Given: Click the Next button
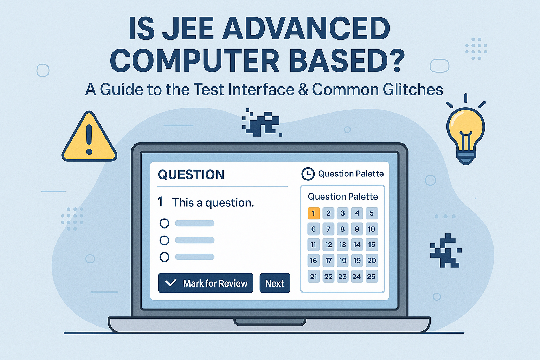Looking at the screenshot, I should click(x=275, y=283).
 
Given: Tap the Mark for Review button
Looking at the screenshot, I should click(x=205, y=283).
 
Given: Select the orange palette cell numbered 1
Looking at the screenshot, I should click(x=314, y=213).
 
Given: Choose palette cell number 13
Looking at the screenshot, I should click(x=342, y=245).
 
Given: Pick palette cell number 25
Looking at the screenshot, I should click(x=371, y=276).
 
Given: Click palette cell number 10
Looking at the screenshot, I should click(x=371, y=229).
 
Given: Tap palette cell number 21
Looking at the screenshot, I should click(x=314, y=276).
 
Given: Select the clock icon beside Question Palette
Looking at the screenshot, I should click(x=308, y=174).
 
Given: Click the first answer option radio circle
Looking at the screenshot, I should click(x=164, y=223).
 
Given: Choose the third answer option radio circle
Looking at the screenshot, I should click(x=164, y=257).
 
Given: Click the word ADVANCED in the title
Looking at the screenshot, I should click(x=306, y=29).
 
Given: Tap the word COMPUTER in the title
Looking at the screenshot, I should click(x=195, y=60).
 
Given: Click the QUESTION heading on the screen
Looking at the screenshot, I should click(x=191, y=175).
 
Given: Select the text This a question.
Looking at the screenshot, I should click(x=213, y=203).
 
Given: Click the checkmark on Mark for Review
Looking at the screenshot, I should click(x=171, y=283).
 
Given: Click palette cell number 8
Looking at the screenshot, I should click(x=342, y=229).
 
